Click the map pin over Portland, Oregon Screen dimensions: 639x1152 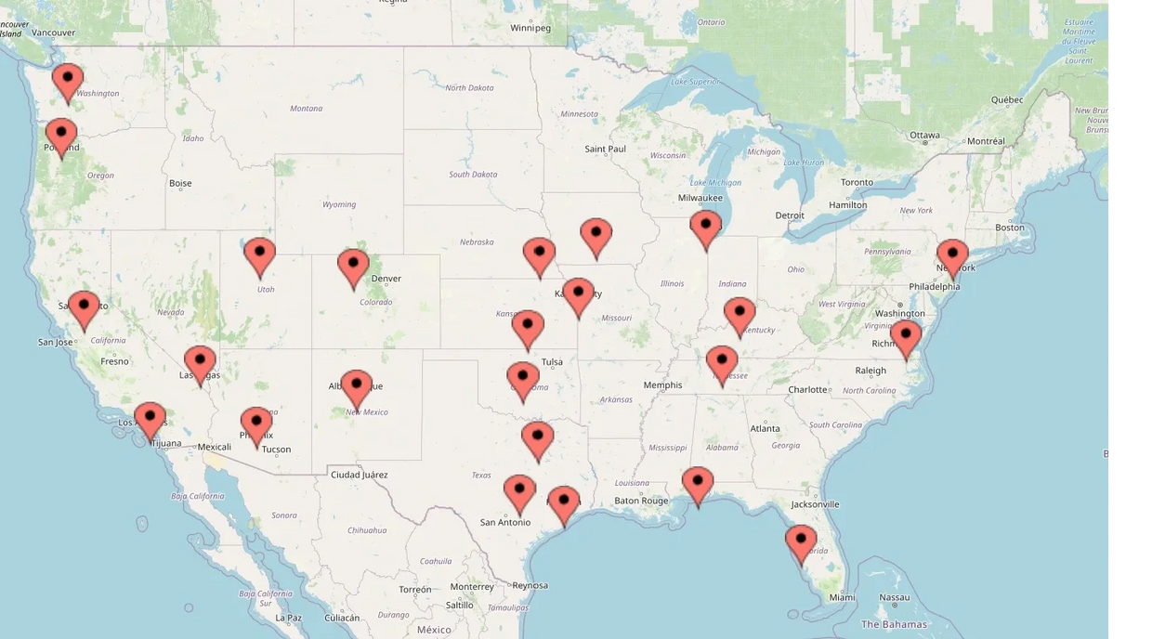[61, 136]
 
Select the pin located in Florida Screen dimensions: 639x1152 [801, 541]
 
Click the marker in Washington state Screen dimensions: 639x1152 [67, 80]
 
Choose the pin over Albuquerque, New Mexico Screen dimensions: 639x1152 [356, 386]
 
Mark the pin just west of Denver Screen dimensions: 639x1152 [353, 267]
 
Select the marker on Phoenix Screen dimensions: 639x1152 [256, 424]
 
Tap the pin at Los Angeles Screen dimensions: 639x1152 [150, 419]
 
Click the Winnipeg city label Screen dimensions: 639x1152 [530, 28]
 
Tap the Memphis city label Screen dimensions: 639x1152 [662, 385]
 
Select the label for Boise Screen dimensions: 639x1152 [180, 183]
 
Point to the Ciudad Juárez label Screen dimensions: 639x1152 [360, 475]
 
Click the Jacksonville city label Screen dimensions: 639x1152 [816, 504]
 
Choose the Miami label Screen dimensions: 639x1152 [842, 597]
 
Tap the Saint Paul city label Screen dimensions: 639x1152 [605, 149]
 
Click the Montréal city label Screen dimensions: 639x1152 [986, 141]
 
